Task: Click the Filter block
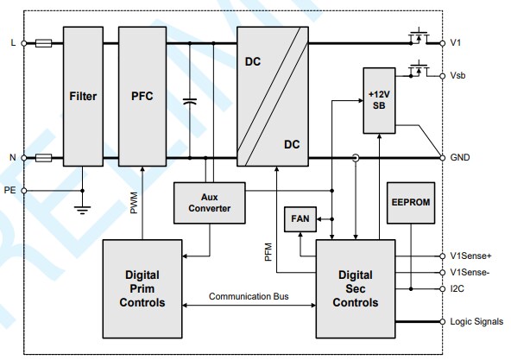(83, 97)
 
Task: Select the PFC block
(142, 97)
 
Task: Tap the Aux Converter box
(208, 202)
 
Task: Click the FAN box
(300, 220)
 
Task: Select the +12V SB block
(378, 99)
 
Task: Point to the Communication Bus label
(249, 297)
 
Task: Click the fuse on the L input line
(45, 42)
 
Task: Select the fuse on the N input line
(45, 158)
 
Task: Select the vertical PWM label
(134, 203)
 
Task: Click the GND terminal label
(460, 158)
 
